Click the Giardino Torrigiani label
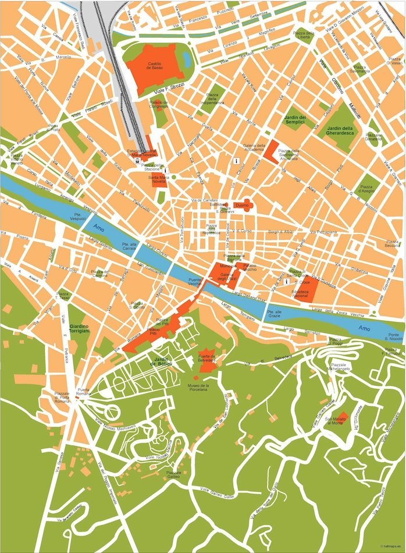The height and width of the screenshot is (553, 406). (x=80, y=328)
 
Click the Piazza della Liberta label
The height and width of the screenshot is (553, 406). (x=302, y=36)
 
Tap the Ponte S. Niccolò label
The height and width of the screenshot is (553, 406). (x=396, y=336)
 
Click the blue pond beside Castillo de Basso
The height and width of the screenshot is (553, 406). (x=186, y=58)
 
